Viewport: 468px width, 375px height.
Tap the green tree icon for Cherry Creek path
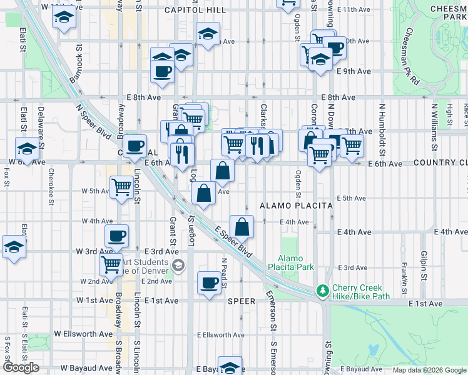point(323,291)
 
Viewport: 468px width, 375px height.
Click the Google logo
point(21,367)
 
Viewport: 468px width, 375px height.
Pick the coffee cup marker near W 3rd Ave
point(116,236)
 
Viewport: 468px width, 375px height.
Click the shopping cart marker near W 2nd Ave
point(111,265)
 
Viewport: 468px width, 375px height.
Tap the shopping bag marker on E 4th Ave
point(242,226)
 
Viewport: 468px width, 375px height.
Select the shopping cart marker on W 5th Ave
point(121,186)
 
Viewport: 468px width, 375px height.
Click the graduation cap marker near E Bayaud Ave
point(230,367)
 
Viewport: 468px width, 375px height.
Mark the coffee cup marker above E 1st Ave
point(210,282)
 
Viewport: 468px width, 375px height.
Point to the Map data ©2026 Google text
point(430,370)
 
